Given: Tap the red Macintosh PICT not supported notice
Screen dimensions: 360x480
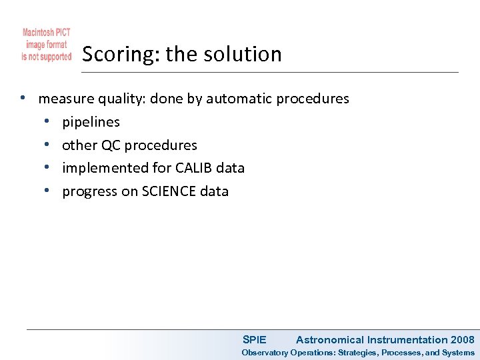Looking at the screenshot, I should [x=47, y=45].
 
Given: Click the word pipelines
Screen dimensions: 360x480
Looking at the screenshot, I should [x=91, y=122].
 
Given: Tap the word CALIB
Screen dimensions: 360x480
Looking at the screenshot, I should [x=195, y=168].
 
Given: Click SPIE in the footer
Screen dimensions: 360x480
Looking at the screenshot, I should [x=254, y=340].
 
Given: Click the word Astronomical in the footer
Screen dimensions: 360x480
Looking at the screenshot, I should [x=330, y=340].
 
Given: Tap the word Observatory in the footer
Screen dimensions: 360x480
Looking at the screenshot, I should [x=265, y=353].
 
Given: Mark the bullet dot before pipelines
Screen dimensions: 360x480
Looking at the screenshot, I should [x=47, y=122].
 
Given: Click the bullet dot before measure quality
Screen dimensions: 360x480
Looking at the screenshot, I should [x=23, y=99].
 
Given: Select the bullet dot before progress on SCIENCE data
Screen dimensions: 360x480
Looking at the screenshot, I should [x=47, y=191].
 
